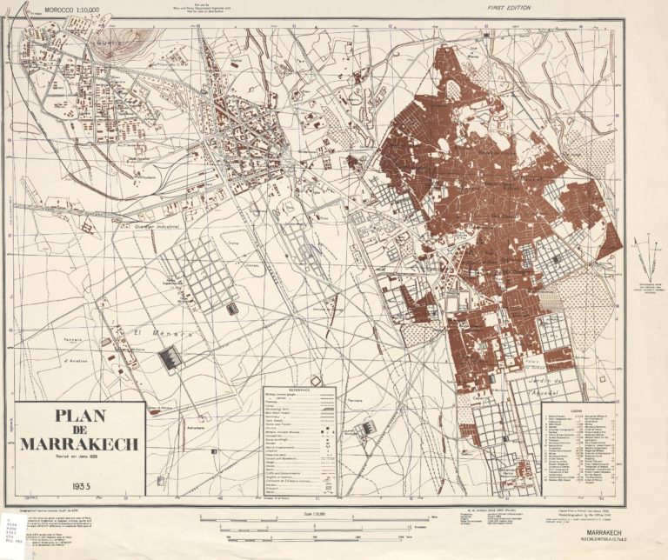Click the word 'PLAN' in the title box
pyautogui.click(x=79, y=416)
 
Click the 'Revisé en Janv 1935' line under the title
pyautogui.click(x=79, y=457)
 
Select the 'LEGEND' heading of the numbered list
pyautogui.click(x=576, y=410)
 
